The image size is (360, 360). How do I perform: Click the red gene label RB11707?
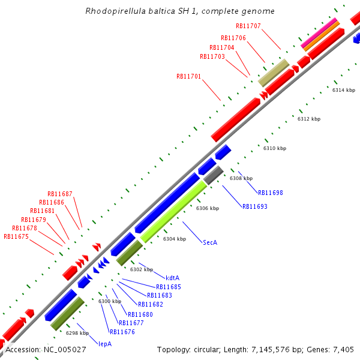(248, 26)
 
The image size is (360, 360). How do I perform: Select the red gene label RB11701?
(188, 77)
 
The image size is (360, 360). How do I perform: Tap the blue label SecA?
(210, 242)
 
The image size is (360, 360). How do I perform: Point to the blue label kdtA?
(173, 278)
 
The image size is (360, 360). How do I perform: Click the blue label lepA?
(105, 344)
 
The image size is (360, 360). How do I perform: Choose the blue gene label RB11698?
(270, 193)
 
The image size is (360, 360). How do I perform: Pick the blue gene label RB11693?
(254, 206)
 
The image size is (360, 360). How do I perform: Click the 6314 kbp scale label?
(343, 90)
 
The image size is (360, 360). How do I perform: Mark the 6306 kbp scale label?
(207, 208)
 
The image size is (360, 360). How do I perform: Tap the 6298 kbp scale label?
(77, 333)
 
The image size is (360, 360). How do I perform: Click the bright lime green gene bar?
(173, 211)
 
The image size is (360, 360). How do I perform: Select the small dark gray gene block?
(213, 176)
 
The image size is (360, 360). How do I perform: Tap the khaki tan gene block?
(273, 72)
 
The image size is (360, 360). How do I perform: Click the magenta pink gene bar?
(319, 33)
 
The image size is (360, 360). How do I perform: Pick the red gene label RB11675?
(16, 236)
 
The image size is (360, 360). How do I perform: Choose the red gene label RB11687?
(60, 194)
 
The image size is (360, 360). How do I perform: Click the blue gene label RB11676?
(122, 332)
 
